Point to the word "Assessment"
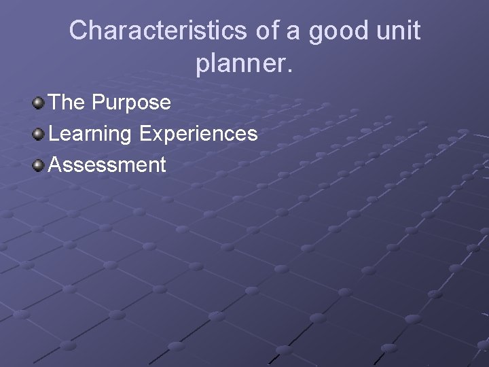107,164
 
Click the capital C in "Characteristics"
78,31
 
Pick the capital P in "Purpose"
98,103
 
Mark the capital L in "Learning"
54,133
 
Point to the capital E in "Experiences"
145,133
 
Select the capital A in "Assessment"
56,164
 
